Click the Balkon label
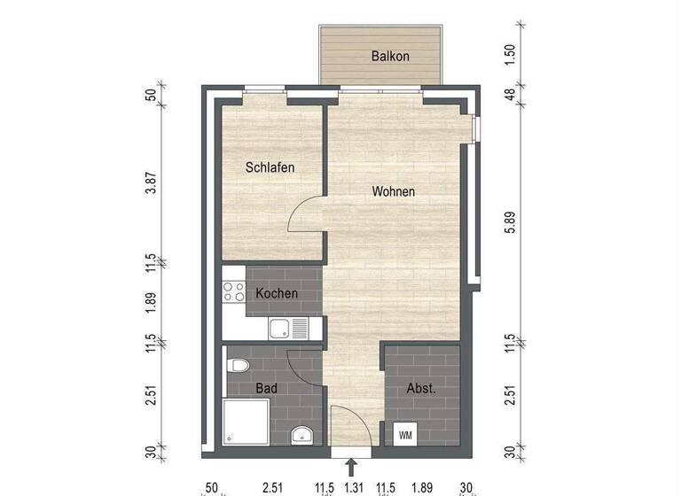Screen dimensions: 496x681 pyautogui.click(x=390, y=57)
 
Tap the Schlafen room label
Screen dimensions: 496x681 pyautogui.click(x=270, y=167)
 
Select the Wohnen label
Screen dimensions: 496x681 pyautogui.click(x=394, y=191)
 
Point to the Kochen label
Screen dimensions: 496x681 pyautogui.click(x=277, y=293)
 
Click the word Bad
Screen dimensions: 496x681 pyautogui.click(x=266, y=388)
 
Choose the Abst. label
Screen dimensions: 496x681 pyautogui.click(x=420, y=388)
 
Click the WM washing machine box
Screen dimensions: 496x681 pyautogui.click(x=406, y=435)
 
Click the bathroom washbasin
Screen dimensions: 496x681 pyautogui.click(x=300, y=436)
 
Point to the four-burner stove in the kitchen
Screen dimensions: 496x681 pyautogui.click(x=233, y=292)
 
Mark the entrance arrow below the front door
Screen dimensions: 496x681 pyautogui.click(x=352, y=466)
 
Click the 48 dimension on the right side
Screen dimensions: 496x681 pyautogui.click(x=508, y=97)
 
